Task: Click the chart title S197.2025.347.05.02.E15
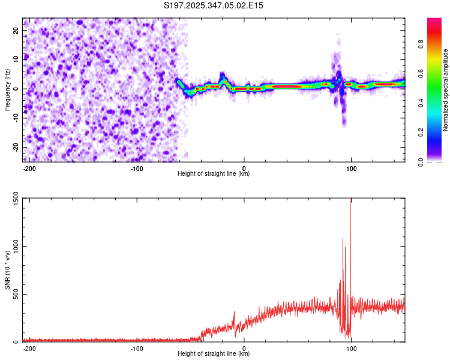214,5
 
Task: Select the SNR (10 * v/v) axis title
7,269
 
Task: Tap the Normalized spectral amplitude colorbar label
446,89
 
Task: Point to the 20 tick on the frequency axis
17,31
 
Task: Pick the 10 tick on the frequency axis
17,59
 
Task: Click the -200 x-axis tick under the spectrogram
29,168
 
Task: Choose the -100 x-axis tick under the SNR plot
137,348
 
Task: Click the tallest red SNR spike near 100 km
350,204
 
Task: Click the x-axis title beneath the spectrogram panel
214,174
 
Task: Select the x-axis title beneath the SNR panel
214,354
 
